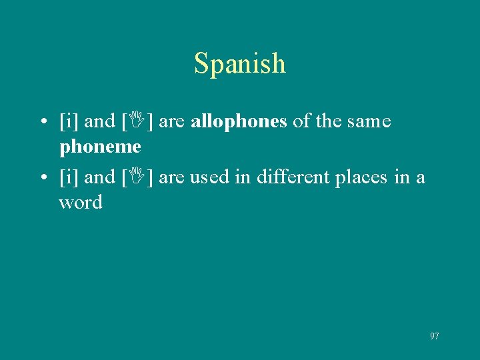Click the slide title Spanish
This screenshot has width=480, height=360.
point(240,64)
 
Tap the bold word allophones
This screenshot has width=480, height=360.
point(239,121)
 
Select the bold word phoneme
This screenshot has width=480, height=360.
point(100,145)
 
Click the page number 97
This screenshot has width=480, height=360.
point(435,336)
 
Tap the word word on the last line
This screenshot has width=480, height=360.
point(81,202)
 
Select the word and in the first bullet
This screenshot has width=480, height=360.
point(100,122)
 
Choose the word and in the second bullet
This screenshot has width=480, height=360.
point(100,178)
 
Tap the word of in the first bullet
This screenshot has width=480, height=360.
point(301,121)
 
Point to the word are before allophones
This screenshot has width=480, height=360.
point(173,123)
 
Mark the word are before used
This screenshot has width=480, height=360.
point(173,179)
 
